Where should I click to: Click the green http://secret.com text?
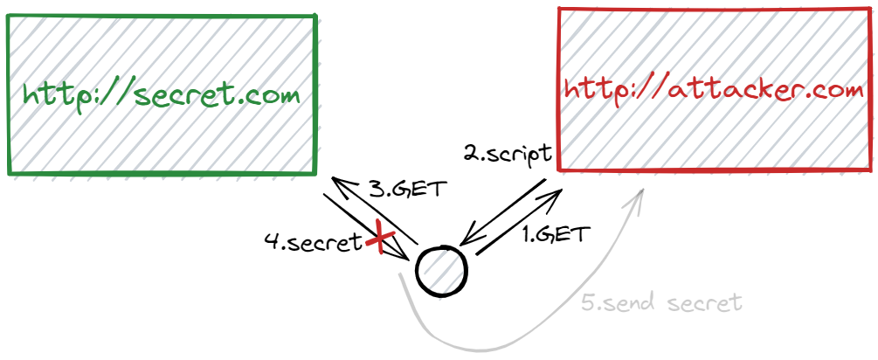162,95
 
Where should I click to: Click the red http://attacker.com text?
715,90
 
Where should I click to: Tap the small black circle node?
442,271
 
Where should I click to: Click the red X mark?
381,238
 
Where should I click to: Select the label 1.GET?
556,234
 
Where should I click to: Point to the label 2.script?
508,155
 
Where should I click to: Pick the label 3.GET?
408,189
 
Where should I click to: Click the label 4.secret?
314,243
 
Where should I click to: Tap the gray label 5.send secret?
661,303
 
